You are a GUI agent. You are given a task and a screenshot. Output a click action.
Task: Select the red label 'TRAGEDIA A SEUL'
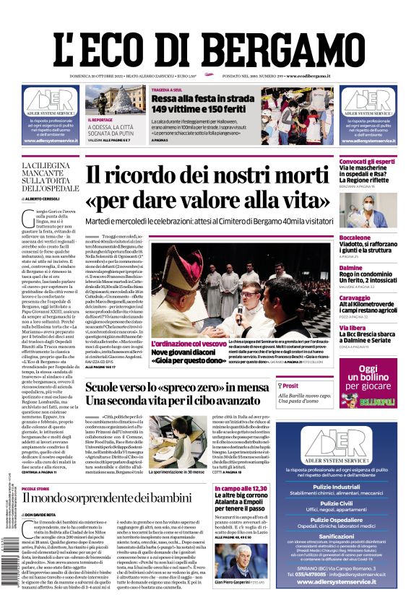click(171, 90)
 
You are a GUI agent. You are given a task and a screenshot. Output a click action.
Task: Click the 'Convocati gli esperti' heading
click(368, 161)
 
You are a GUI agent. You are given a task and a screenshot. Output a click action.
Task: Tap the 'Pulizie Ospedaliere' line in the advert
click(368, 520)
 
